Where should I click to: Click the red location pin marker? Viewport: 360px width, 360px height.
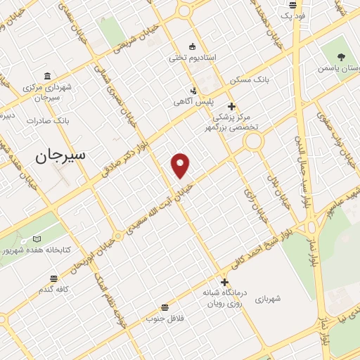pos(181,165)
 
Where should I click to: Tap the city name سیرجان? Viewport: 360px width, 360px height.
pos(60,156)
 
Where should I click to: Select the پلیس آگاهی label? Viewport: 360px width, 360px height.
pos(193,102)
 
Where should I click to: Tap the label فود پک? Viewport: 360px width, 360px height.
pos(292,15)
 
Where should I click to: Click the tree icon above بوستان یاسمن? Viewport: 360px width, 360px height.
pos(342,56)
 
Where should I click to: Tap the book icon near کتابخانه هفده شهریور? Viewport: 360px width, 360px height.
pos(36,239)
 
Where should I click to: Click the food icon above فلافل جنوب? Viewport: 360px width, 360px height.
pos(165,307)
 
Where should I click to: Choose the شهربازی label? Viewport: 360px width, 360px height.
pos(268,299)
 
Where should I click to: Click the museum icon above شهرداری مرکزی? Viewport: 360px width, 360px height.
pos(47,76)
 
